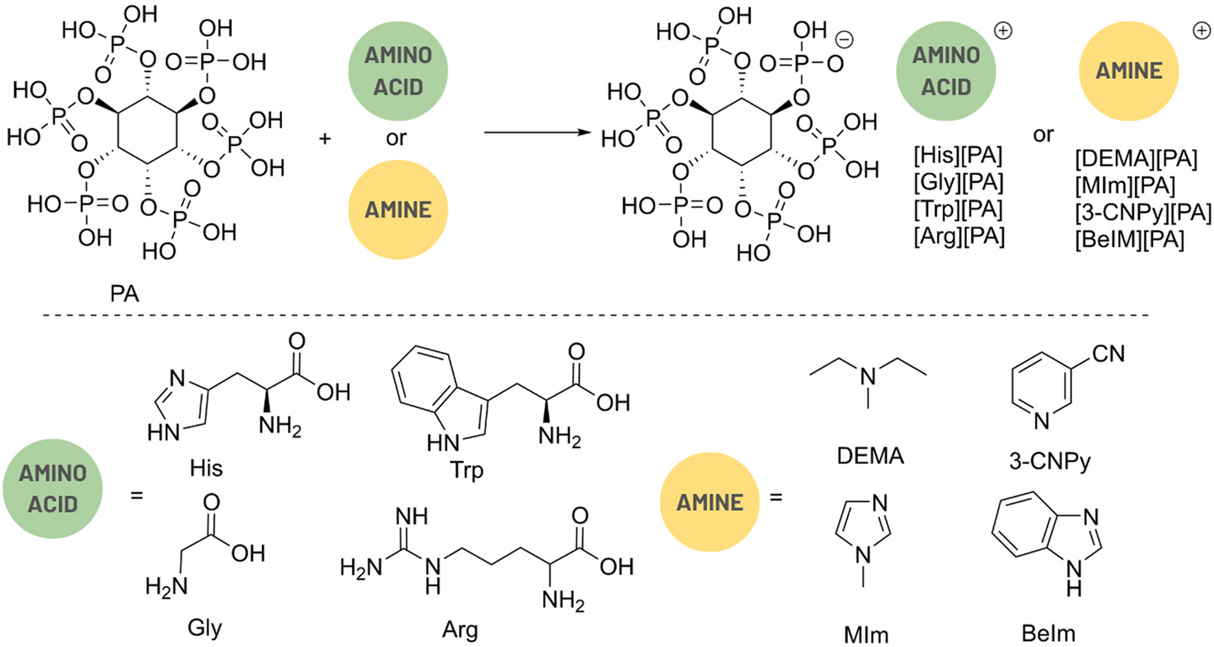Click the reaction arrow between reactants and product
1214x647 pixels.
click(536, 132)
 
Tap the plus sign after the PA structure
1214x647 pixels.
click(325, 139)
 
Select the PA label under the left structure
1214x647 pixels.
click(124, 294)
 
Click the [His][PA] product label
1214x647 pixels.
click(957, 156)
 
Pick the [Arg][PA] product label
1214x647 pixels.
click(959, 237)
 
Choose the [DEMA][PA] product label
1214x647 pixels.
click(1136, 159)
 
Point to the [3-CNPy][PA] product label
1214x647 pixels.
click(1143, 213)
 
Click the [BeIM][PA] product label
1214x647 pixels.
click(1129, 240)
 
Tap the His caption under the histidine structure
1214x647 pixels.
click(206, 469)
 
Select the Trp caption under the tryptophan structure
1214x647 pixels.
click(466, 471)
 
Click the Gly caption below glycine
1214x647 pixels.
click(204, 628)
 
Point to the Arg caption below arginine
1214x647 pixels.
click(460, 630)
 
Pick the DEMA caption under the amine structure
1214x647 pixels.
click(870, 456)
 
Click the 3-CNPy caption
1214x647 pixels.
click(1049, 461)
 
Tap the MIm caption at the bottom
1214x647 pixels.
click(866, 635)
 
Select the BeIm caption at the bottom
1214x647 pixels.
click(1048, 634)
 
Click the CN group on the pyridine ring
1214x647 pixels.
click(1108, 354)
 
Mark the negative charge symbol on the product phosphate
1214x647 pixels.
click(844, 40)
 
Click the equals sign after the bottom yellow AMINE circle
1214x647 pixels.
click(776, 497)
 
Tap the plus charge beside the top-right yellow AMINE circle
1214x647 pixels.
click(1202, 31)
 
